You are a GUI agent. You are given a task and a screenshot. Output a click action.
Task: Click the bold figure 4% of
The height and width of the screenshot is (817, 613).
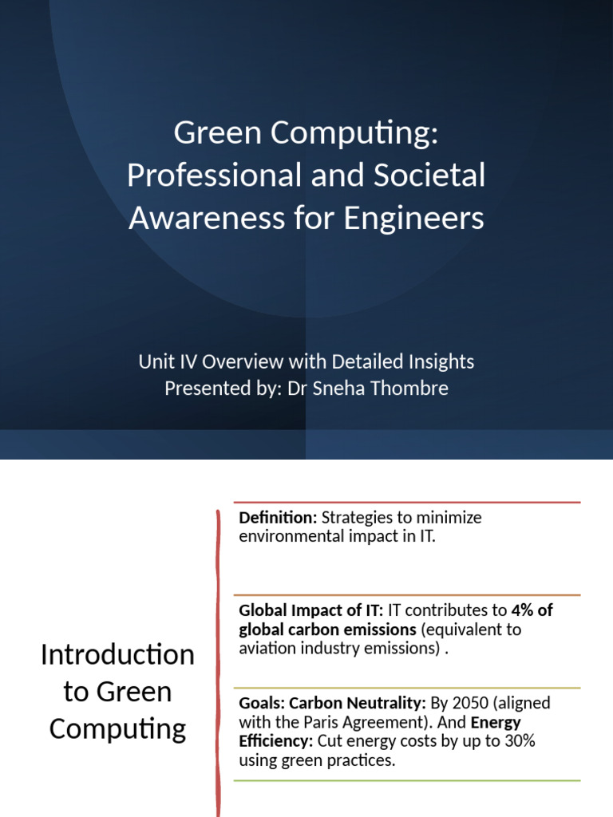pos(532,610)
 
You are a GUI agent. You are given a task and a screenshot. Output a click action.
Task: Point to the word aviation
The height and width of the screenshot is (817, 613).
pos(268,648)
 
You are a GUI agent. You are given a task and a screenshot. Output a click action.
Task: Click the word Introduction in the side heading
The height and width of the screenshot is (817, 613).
pos(117,655)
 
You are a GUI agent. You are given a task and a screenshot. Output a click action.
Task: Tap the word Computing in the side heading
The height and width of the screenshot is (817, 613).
pos(117,728)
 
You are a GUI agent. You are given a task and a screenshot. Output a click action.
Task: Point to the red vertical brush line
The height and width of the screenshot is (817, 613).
pos(217,654)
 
